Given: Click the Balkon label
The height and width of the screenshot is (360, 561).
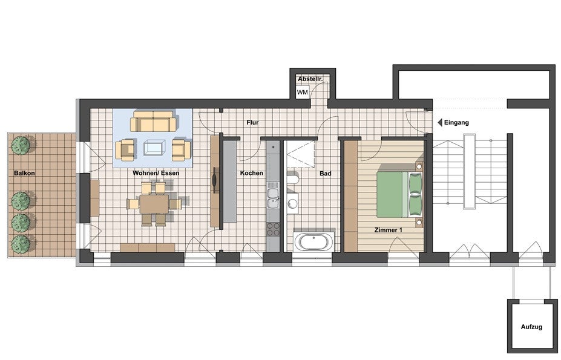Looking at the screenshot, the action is (24, 173).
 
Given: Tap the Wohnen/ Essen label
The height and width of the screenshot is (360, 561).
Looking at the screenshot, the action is (156, 173).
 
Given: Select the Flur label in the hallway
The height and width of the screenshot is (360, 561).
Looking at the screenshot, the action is (252, 122).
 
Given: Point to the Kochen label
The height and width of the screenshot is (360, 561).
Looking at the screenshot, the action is (252, 173).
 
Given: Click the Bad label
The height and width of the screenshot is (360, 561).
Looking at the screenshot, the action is (325, 174).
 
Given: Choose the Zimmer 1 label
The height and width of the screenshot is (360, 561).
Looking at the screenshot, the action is (388, 230).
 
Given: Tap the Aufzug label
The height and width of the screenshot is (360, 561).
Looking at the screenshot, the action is (531, 327).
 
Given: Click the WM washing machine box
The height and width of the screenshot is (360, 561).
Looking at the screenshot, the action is (303, 93).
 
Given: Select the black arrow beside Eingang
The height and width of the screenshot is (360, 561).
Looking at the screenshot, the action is (440, 122).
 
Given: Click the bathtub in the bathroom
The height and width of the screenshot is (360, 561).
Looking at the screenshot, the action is (313, 242).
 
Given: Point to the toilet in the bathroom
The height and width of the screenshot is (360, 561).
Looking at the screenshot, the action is (292, 179).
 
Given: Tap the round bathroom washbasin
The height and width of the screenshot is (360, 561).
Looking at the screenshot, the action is (292, 204).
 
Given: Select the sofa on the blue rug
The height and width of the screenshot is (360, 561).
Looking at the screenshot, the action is (153, 121).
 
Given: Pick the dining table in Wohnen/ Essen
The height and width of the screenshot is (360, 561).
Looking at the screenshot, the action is (154, 204).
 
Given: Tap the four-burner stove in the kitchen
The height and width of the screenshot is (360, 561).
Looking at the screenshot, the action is (274, 229).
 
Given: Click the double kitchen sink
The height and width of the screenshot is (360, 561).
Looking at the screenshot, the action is (273, 198).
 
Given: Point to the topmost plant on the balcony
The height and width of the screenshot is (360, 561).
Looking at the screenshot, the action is (21, 145).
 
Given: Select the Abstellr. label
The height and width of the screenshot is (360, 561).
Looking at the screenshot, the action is (310, 79).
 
